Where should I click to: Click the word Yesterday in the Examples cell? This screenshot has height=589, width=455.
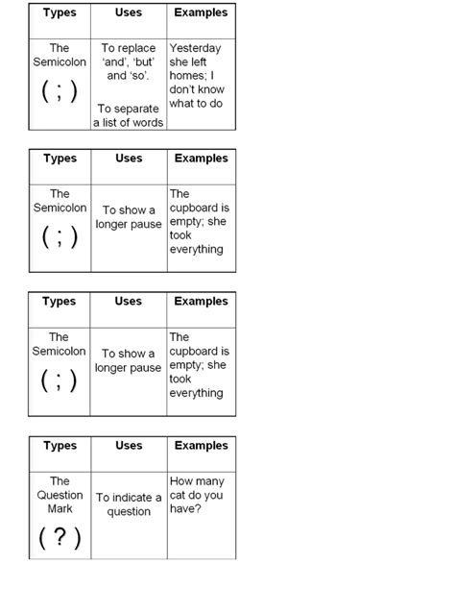pyautogui.click(x=195, y=48)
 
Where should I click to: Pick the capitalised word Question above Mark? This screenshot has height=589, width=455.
pyautogui.click(x=60, y=495)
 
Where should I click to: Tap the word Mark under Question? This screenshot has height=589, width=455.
pyautogui.click(x=60, y=508)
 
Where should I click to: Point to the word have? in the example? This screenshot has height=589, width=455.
pyautogui.click(x=186, y=508)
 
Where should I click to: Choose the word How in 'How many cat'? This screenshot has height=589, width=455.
pyautogui.click(x=181, y=481)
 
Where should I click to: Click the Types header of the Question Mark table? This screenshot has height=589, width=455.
pyautogui.click(x=60, y=446)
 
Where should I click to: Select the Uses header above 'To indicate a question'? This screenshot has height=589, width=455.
pyautogui.click(x=129, y=446)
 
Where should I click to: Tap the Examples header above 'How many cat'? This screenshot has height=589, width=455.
pyautogui.click(x=201, y=446)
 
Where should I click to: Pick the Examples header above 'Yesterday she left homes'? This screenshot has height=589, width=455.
pyautogui.click(x=201, y=12)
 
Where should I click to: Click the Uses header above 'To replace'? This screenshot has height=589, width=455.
pyautogui.click(x=129, y=12)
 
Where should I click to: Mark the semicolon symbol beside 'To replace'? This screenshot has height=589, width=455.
pyautogui.click(x=60, y=92)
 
